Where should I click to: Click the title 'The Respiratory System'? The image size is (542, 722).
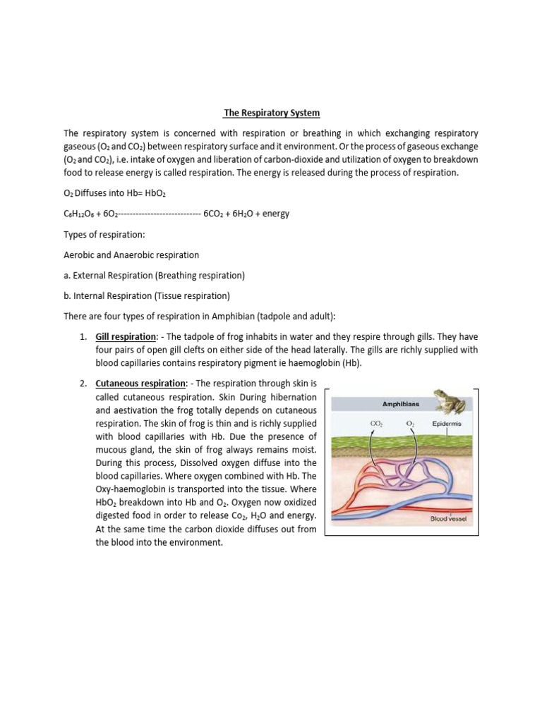coord(271,112)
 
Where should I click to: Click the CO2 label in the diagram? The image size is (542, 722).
coord(376,424)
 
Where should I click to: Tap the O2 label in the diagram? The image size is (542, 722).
coord(410,424)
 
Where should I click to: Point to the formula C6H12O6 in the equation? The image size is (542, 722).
coord(83,214)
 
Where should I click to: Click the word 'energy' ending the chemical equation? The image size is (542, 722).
coord(276,214)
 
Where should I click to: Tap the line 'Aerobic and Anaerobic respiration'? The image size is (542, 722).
coord(131,255)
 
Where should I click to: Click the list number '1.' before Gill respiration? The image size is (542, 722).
coord(83,338)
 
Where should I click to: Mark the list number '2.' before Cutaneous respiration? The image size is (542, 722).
coord(83,384)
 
